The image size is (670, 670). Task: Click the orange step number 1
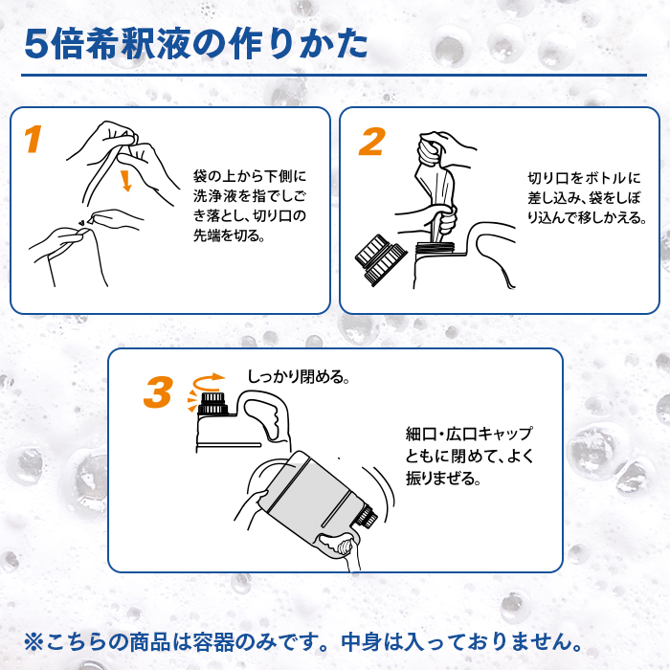(x=33, y=139)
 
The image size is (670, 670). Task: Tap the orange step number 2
(x=371, y=142)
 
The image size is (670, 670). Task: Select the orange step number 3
(x=158, y=391)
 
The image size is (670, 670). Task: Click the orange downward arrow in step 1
(x=125, y=180)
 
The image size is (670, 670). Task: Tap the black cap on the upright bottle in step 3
(x=212, y=403)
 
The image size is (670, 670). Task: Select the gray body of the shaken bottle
(x=312, y=495)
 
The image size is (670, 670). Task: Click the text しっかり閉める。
(x=299, y=377)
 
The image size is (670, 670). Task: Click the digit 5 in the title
(x=36, y=44)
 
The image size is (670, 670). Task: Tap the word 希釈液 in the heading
(x=137, y=44)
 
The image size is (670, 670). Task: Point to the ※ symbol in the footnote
(x=33, y=642)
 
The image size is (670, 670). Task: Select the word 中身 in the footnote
(x=361, y=642)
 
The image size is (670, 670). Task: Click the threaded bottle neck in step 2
(x=436, y=247)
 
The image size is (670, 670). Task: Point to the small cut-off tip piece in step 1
(x=92, y=220)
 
